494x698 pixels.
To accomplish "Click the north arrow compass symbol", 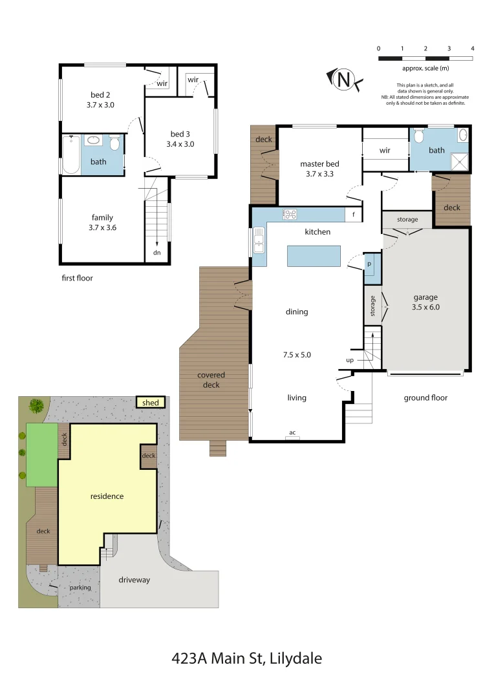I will point(345,79).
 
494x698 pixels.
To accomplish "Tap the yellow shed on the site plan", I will point(150,403).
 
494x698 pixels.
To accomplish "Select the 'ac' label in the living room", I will point(292,432).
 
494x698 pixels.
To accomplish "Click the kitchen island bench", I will point(314,256).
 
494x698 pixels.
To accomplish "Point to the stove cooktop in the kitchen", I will point(289,215).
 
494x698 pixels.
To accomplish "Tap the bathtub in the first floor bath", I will point(70,154).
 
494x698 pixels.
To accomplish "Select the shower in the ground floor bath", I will point(460,161).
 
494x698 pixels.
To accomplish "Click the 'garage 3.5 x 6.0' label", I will point(426,302).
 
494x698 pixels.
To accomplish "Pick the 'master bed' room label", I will point(319,168).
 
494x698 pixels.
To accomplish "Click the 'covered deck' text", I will point(211,380).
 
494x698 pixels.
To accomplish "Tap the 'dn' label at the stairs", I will point(156,253).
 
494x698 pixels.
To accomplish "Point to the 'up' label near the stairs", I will point(350,360).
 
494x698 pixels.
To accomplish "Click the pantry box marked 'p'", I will point(369,264).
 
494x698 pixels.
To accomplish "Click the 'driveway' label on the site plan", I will point(134,580).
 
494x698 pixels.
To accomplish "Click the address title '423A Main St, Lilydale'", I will point(246,659).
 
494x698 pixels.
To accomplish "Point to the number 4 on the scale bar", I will point(473,48).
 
